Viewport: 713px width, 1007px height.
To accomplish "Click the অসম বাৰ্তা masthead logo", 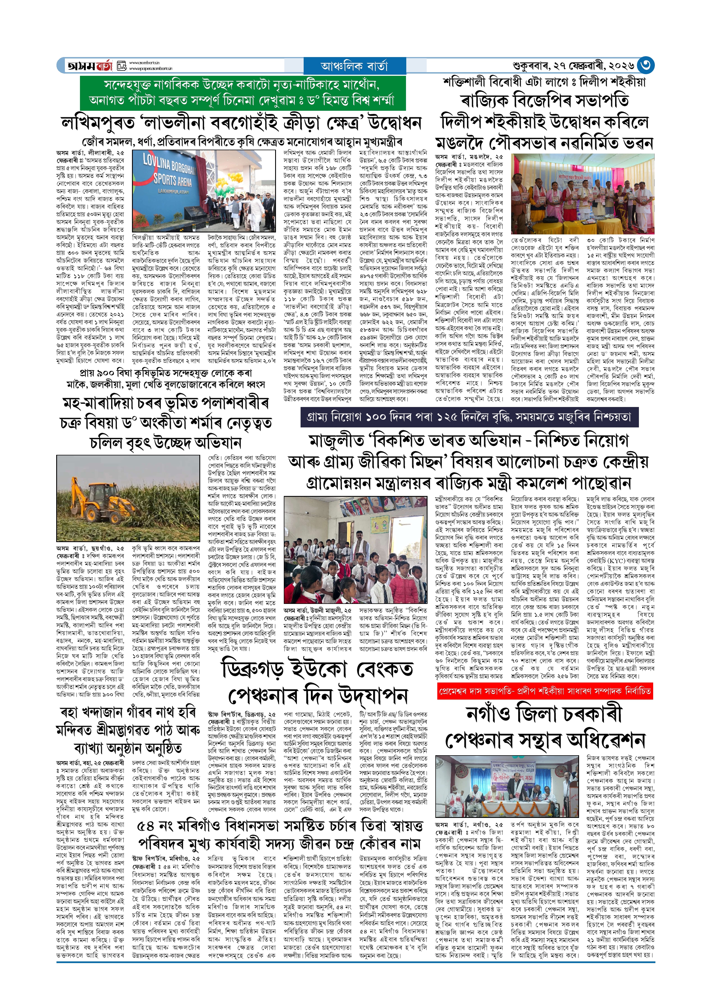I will coord(90,66).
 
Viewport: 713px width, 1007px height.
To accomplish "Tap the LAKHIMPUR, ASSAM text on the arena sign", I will coord(173,192).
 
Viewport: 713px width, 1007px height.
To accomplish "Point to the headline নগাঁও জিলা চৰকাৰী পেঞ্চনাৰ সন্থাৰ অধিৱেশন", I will coord(544,727).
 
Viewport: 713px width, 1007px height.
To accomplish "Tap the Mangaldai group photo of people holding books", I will coord(583,194).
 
